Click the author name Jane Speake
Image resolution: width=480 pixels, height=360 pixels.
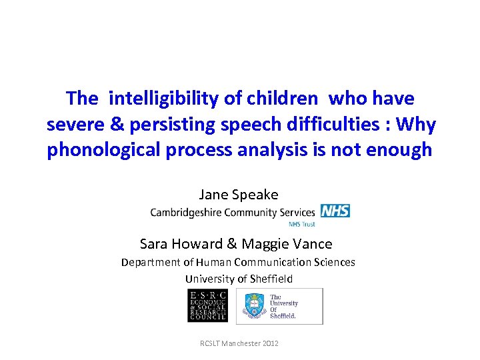click(x=239, y=195)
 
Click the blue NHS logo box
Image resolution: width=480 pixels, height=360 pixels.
click(x=335, y=211)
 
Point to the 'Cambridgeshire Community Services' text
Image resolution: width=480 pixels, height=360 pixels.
click(x=233, y=212)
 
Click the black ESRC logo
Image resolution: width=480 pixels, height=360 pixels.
click(x=207, y=306)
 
